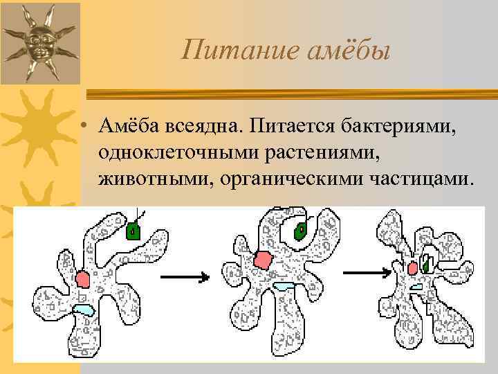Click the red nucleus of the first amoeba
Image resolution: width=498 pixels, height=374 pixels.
tap(83, 279)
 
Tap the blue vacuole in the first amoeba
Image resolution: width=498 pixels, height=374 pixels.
tap(84, 310)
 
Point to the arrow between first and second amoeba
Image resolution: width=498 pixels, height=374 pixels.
tap(185, 277)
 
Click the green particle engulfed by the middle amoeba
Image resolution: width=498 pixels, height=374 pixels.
tap(301, 232)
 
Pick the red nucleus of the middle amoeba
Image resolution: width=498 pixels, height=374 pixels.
tap(262, 260)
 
